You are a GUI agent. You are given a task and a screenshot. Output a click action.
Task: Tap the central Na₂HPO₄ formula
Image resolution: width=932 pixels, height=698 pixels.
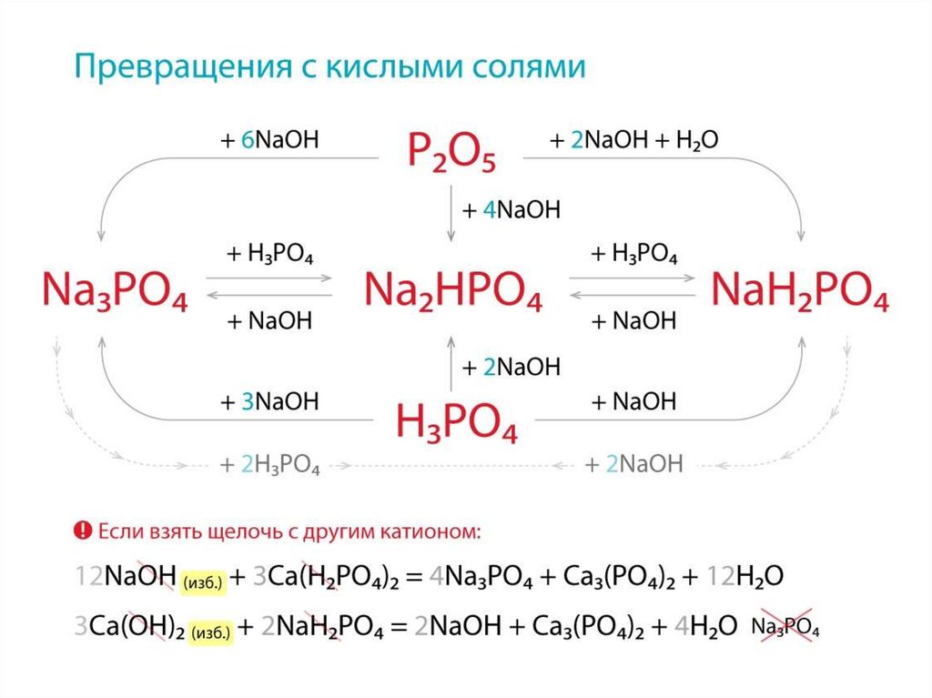pos(452,290)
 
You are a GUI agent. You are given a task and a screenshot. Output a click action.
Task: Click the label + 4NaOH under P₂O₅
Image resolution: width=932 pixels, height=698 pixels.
pos(511,210)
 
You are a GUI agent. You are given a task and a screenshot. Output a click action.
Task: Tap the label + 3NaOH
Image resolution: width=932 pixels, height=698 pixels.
pos(269,401)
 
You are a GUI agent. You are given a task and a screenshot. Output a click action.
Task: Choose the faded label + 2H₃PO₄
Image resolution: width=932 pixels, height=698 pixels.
pos(269,464)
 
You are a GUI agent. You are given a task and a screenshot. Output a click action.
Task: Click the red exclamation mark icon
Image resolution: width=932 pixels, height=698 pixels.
pos(83,530)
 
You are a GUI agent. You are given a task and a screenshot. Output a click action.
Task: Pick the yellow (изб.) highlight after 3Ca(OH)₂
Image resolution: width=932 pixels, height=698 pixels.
pos(212,632)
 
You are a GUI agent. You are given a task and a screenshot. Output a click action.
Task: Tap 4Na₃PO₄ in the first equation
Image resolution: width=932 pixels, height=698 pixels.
pos(480,577)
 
